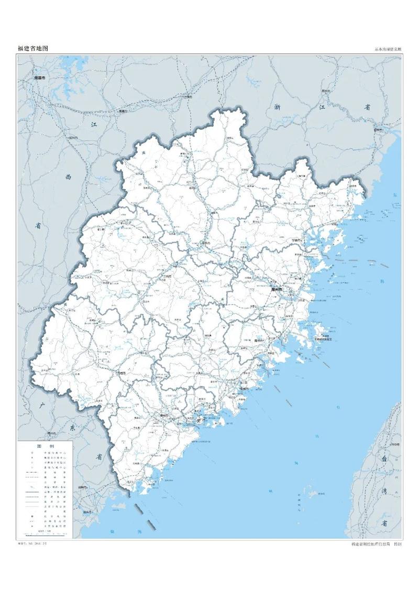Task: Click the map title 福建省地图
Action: (x=33, y=48)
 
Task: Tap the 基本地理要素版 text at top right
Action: (x=388, y=49)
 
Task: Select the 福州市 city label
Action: (x=277, y=289)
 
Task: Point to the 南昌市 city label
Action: (x=39, y=78)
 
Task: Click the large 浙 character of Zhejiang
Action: (x=278, y=107)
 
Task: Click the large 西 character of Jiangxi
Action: (x=68, y=177)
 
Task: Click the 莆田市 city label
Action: (x=258, y=340)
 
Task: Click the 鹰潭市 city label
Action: (x=124, y=112)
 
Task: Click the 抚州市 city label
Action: (x=72, y=137)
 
